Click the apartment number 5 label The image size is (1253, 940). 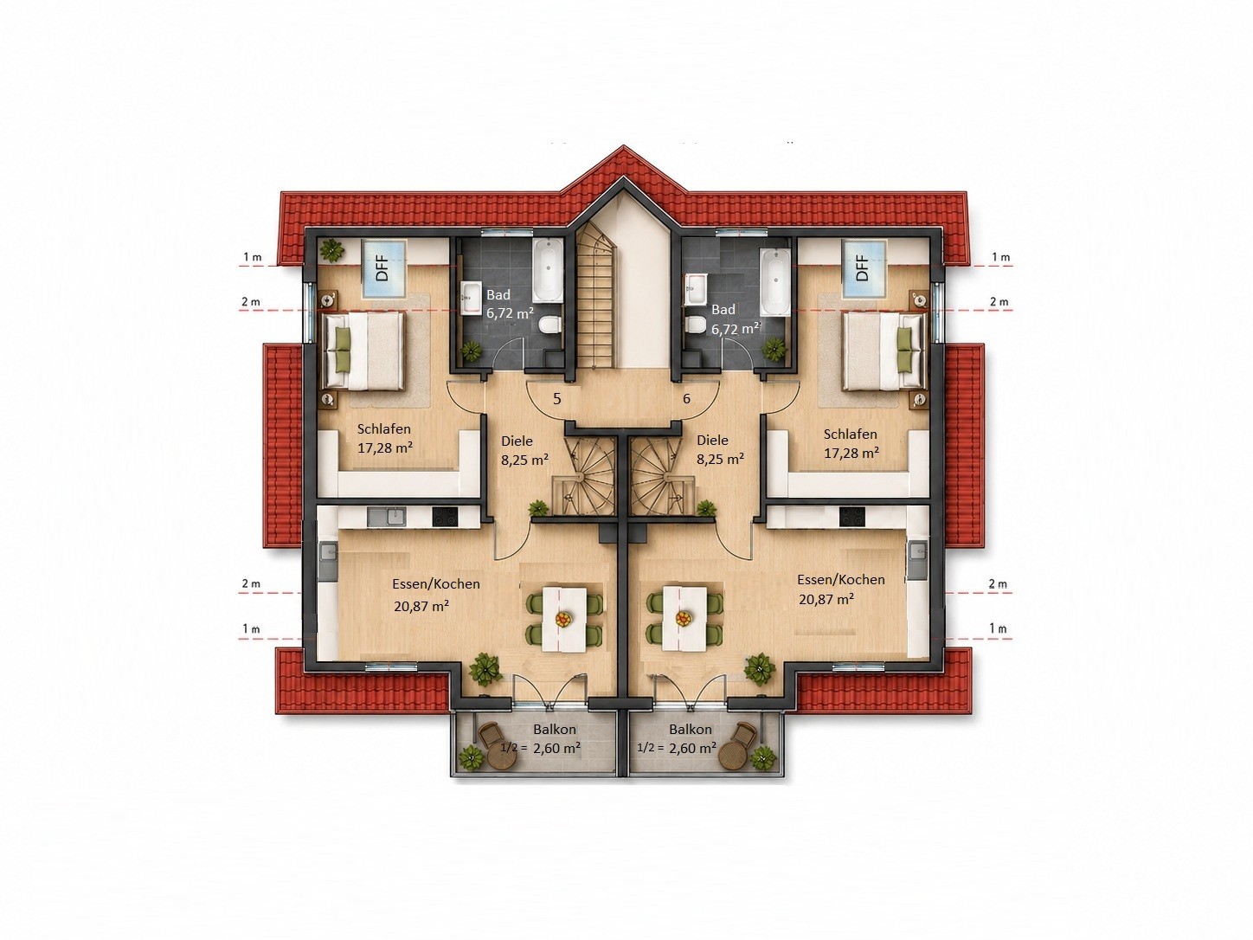(x=557, y=399)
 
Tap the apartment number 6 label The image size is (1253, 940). (x=687, y=398)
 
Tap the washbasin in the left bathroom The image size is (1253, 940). (x=472, y=298)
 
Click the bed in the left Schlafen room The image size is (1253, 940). (x=364, y=351)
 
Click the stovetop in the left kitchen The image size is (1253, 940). (x=446, y=517)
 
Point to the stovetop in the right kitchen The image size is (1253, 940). (x=851, y=517)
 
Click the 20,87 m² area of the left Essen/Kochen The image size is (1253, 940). (x=421, y=606)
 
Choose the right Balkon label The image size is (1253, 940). (x=691, y=729)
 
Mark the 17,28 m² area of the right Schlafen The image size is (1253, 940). (x=851, y=453)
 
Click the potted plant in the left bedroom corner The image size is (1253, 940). (x=331, y=249)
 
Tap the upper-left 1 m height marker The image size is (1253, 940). (x=253, y=257)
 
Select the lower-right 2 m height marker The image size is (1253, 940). (x=998, y=584)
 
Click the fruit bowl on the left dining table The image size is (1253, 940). (x=564, y=618)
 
